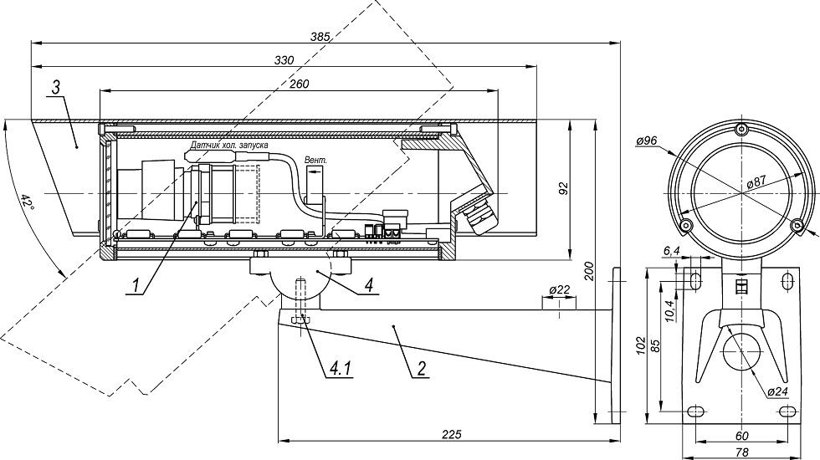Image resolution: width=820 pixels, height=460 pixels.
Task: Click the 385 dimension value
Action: [x=320, y=36]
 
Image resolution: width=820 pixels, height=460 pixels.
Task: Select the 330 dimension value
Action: [x=285, y=59]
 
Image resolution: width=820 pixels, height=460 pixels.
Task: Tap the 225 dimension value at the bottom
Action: [x=451, y=433]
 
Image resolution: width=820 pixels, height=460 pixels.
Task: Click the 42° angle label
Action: [x=27, y=202]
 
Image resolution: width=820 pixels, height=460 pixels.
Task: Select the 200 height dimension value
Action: [x=588, y=270]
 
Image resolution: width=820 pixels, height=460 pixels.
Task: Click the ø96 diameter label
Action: [x=646, y=141]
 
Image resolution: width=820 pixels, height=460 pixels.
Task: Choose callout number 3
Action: [x=55, y=87]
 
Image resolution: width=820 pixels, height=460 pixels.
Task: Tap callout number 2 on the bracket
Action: [x=422, y=366]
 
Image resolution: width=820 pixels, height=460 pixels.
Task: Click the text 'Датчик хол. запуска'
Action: [x=228, y=146]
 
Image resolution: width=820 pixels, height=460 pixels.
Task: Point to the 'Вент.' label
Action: [x=316, y=159]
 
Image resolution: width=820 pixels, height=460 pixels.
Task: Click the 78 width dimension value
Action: [x=741, y=452]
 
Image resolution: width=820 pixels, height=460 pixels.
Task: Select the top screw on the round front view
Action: [x=741, y=130]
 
